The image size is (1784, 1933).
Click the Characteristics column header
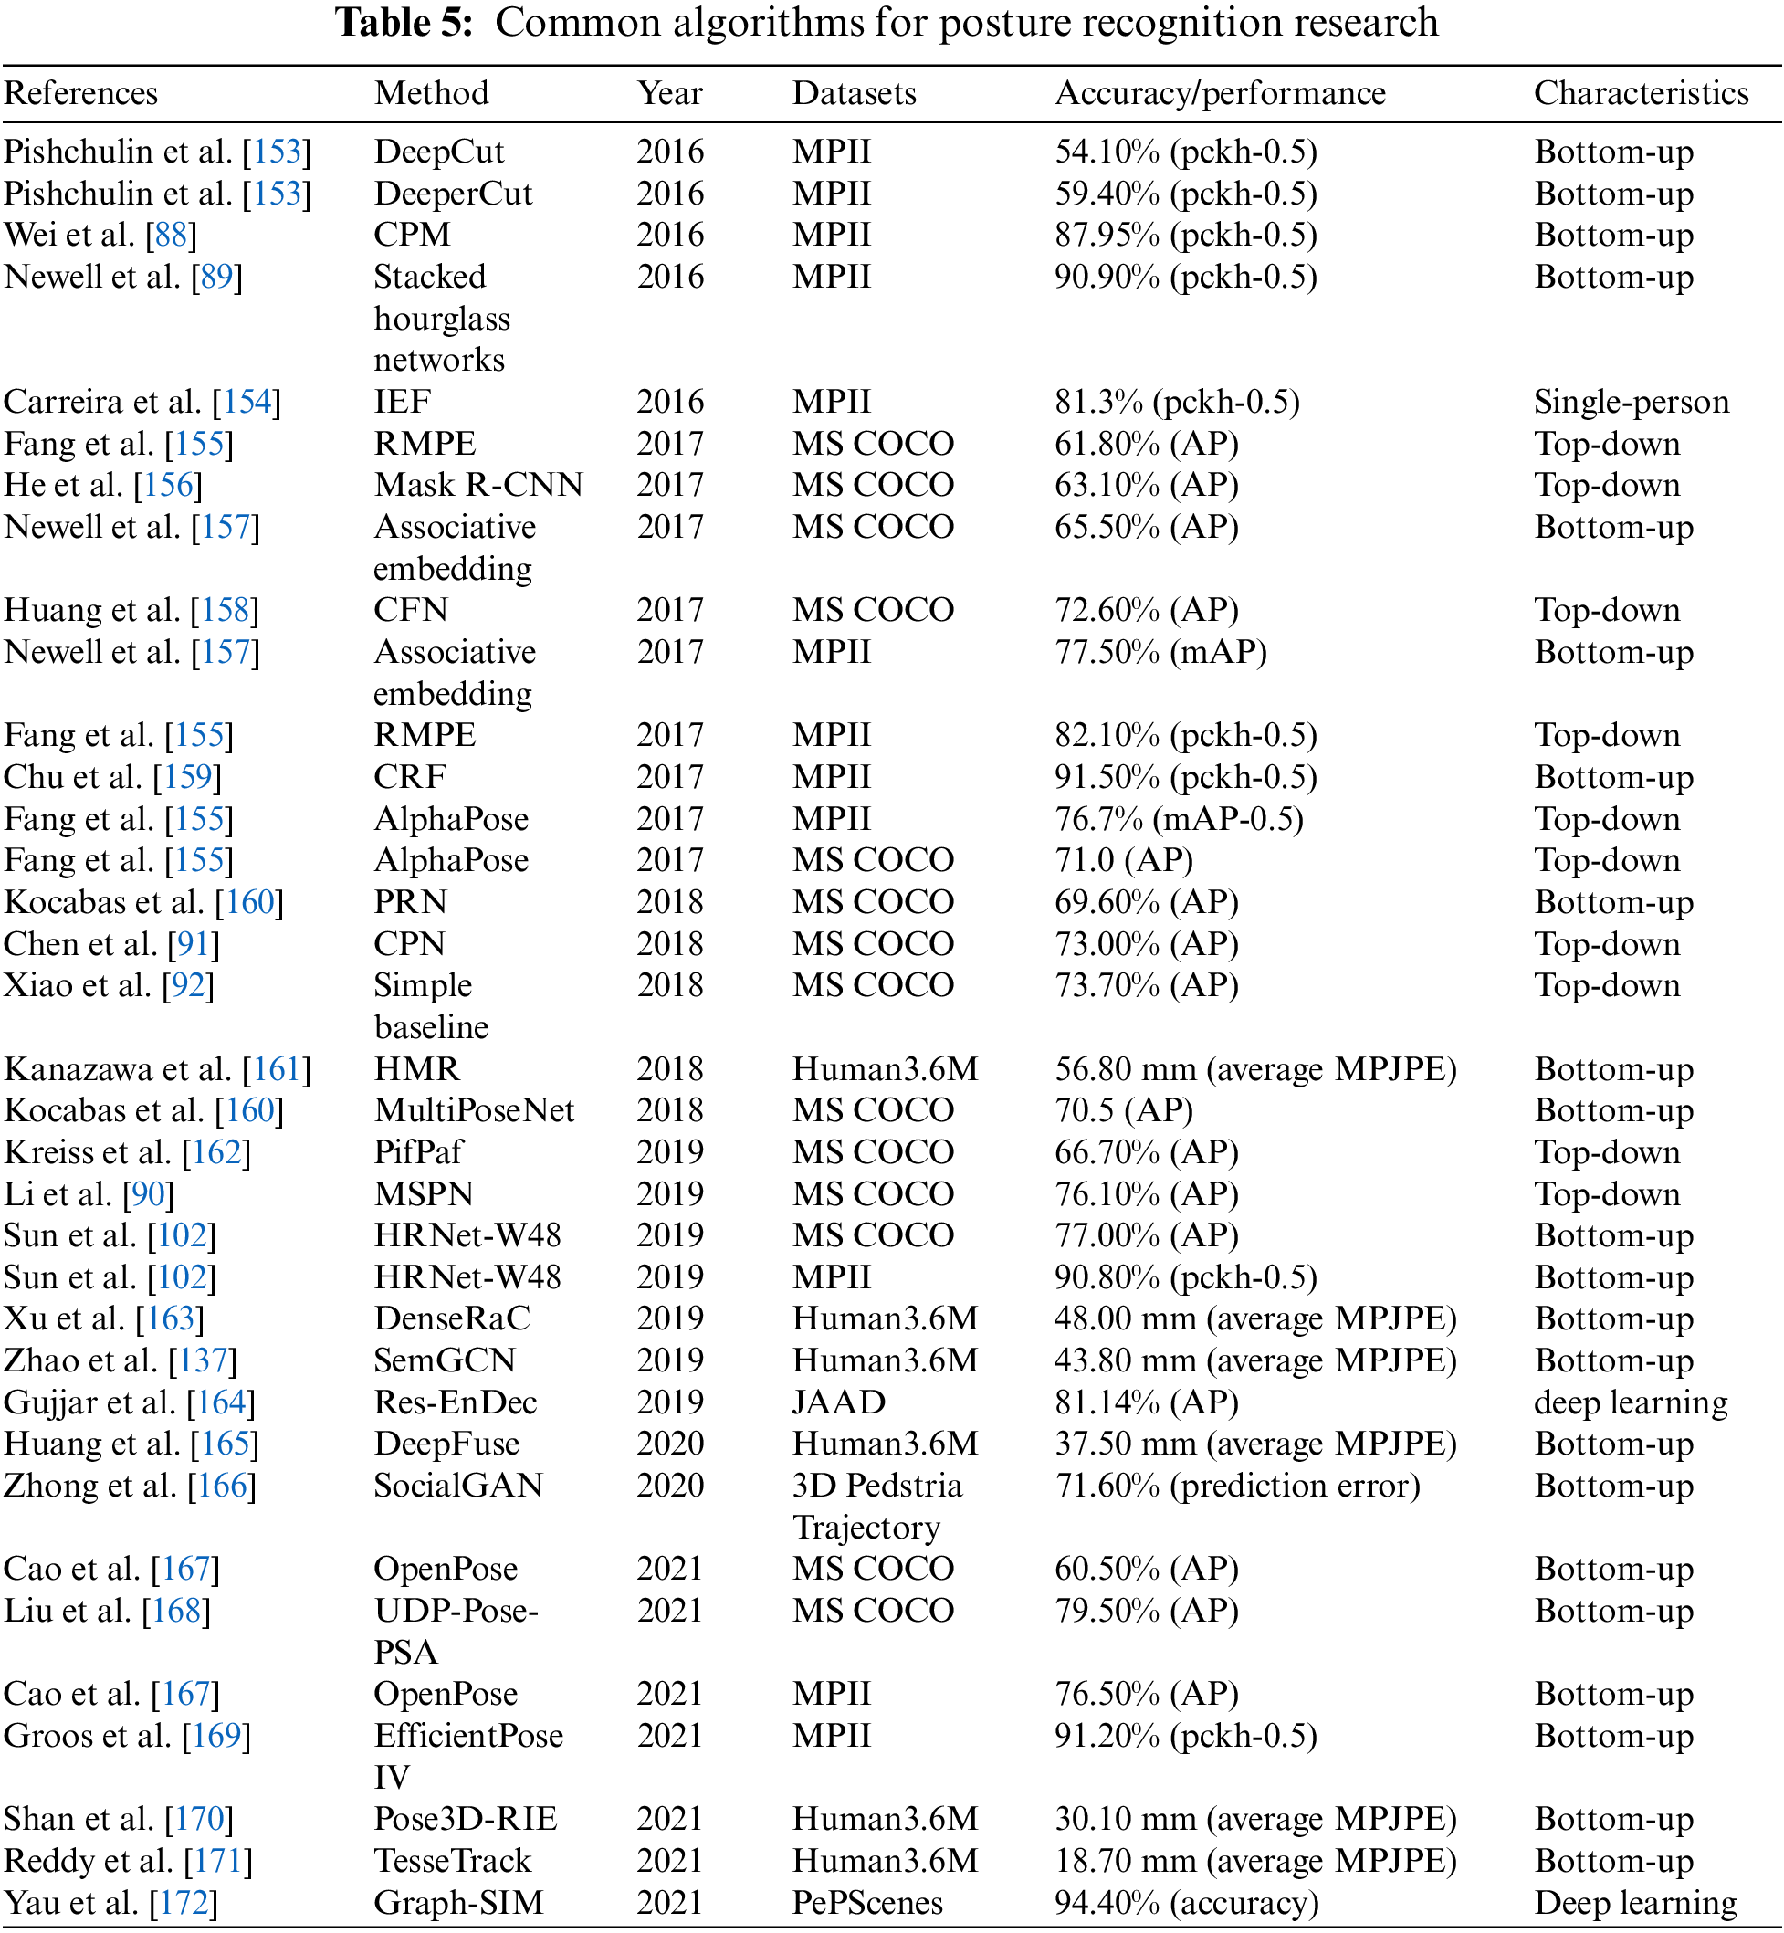coord(1642,94)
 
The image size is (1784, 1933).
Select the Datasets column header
coord(855,94)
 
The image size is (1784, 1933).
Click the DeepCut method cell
coord(439,152)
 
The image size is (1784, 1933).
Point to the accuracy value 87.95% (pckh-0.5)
coord(1185,235)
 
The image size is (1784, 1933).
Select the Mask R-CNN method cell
coord(478,485)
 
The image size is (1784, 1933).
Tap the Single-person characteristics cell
coord(1632,402)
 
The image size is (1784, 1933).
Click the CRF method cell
coord(410,777)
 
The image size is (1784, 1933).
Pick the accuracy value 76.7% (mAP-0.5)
coord(1179,819)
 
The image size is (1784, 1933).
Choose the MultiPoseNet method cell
coord(474,1110)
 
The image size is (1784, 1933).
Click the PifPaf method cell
coord(418,1152)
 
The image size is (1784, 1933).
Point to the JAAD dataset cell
coord(839,1402)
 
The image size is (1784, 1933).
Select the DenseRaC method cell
coord(452,1318)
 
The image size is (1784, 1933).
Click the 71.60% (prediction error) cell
coord(1236,1485)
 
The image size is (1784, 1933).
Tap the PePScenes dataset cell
coord(867,1902)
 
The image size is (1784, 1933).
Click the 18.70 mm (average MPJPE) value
coord(1255,1861)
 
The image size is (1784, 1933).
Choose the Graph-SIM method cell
coord(458,1902)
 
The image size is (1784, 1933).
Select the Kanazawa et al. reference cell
coord(157,1069)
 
